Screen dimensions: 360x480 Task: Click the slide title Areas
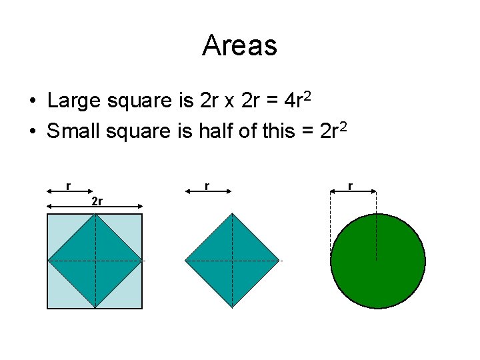[239, 45]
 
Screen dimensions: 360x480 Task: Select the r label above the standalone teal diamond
[207, 185]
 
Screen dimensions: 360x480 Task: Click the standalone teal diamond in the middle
[232, 260]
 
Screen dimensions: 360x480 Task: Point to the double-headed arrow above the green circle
[354, 192]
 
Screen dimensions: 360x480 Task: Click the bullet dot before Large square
[32, 102]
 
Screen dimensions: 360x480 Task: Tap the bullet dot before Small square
[32, 132]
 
